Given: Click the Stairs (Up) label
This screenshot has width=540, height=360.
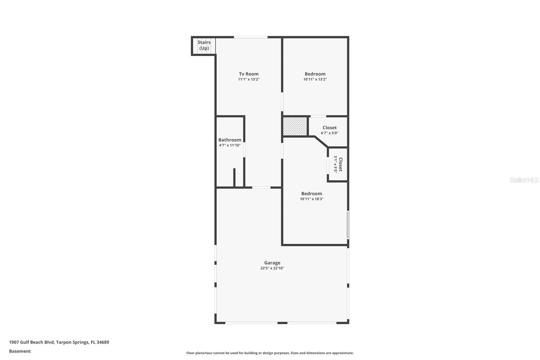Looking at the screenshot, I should click(204, 45).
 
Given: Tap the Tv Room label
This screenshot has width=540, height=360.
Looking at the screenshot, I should click(249, 74).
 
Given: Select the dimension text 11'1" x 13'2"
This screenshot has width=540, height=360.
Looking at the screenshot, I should click(249, 79).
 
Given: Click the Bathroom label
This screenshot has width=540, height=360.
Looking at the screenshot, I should click(230, 140).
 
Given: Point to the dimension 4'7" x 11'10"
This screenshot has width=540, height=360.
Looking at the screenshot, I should click(230, 145).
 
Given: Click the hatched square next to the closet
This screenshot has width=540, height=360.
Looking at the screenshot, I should click(295, 126).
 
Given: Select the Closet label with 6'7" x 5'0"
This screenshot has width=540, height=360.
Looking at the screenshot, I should click(329, 128).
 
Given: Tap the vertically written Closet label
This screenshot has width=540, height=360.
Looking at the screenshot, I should click(341, 164).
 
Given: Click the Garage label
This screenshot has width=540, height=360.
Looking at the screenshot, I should click(272, 263).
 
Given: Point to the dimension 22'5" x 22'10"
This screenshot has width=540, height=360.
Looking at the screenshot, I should click(272, 268).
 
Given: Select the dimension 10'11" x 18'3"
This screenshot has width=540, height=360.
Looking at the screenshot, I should click(312, 199).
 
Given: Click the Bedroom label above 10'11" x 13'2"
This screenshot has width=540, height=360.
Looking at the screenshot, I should click(315, 74).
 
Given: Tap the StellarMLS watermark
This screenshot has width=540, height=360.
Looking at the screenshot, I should click(524, 180).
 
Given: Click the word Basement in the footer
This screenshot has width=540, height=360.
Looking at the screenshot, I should click(20, 351).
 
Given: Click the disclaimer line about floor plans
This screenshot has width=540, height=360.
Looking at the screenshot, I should click(270, 353).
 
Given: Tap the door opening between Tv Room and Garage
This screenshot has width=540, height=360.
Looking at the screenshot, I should click(261, 187).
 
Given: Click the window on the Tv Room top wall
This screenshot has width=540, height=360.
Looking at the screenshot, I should click(251, 37).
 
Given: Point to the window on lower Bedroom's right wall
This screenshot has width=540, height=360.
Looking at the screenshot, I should click(348, 225).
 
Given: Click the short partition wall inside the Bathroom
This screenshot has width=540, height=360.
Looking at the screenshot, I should click(234, 177).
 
